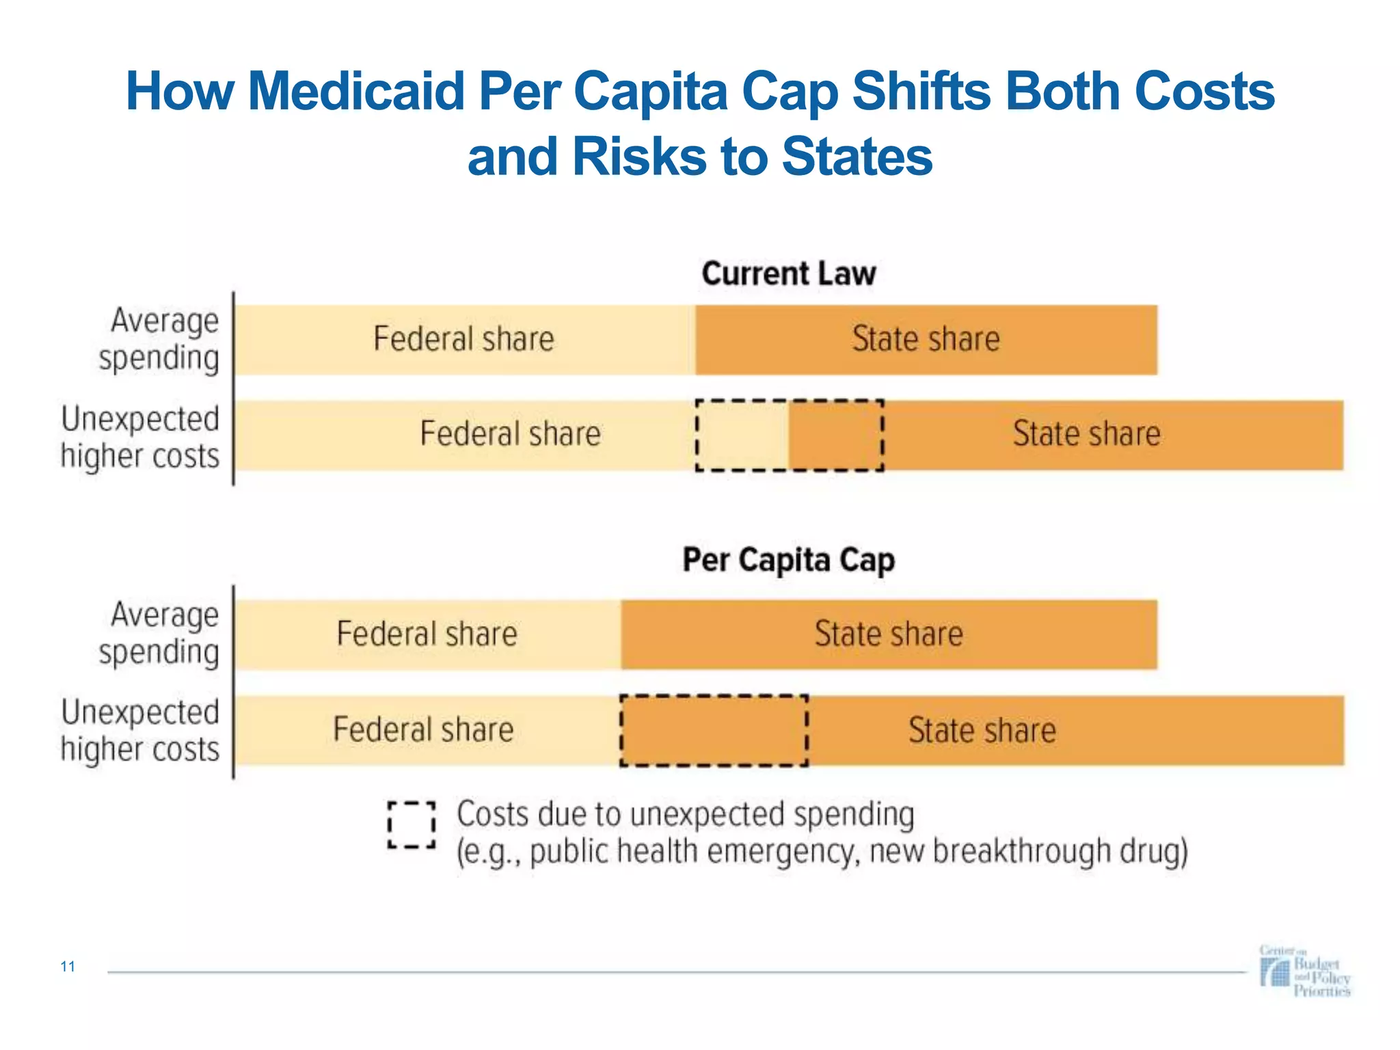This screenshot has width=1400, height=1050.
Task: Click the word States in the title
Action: click(x=857, y=157)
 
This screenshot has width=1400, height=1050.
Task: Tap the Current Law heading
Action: click(x=788, y=273)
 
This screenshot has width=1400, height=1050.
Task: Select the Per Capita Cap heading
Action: click(x=788, y=561)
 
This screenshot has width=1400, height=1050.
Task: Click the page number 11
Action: click(x=68, y=966)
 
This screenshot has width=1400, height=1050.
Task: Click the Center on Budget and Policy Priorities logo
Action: click(x=1304, y=971)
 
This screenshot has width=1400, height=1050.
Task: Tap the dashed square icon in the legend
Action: click(x=412, y=825)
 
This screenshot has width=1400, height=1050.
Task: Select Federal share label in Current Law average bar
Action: click(x=463, y=339)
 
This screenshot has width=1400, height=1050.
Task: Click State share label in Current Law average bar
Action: click(x=926, y=339)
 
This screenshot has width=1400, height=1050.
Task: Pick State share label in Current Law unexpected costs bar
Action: click(x=1086, y=434)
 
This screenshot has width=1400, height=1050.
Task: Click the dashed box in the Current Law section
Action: click(x=790, y=435)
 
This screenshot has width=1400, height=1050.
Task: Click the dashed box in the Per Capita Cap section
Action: click(x=714, y=730)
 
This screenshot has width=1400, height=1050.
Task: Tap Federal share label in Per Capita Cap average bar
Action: click(x=427, y=634)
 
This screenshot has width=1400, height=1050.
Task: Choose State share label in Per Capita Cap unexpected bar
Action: click(x=982, y=730)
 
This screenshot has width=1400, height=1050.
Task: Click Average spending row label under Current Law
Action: click(x=159, y=339)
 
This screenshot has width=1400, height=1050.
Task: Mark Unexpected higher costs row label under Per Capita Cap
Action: click(x=141, y=730)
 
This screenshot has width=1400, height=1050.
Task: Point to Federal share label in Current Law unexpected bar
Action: click(x=510, y=434)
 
